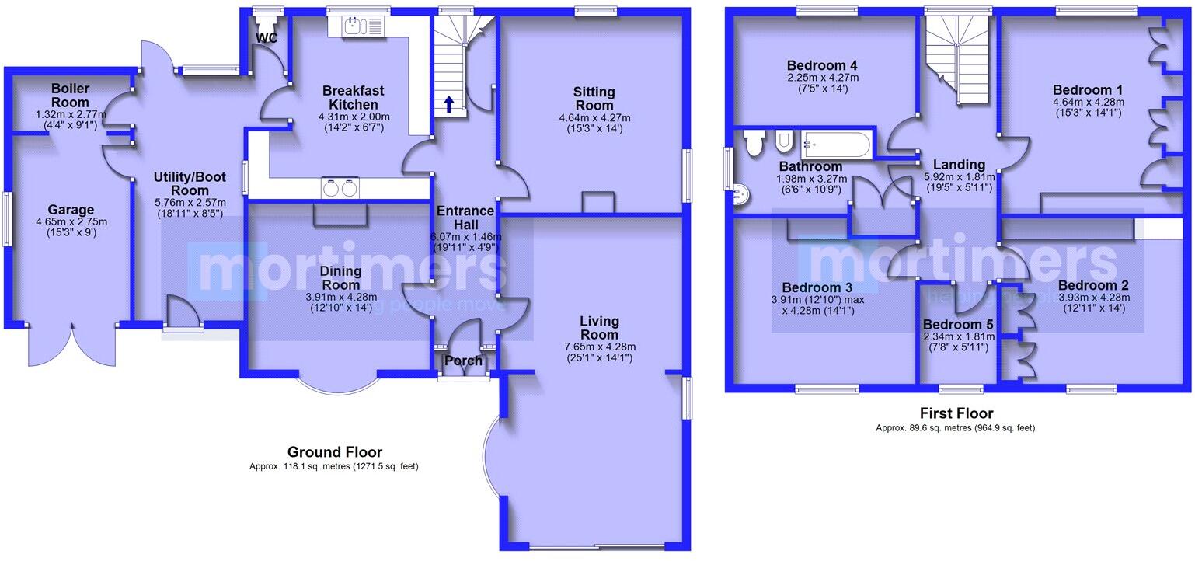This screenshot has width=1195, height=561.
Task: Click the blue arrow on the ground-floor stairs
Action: [x=448, y=103]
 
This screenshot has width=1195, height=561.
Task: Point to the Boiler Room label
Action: [x=71, y=96]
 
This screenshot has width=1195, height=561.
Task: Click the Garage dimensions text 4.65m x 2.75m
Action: [x=70, y=222]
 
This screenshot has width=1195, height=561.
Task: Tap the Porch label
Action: [x=464, y=361]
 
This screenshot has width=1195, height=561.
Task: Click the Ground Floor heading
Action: [x=335, y=451]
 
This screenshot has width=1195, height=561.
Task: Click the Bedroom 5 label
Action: [x=955, y=324]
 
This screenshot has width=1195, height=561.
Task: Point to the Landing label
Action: [x=959, y=164]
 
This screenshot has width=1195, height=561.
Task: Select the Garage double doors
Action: [x=71, y=346]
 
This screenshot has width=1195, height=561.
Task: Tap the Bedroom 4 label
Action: [x=821, y=64]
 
